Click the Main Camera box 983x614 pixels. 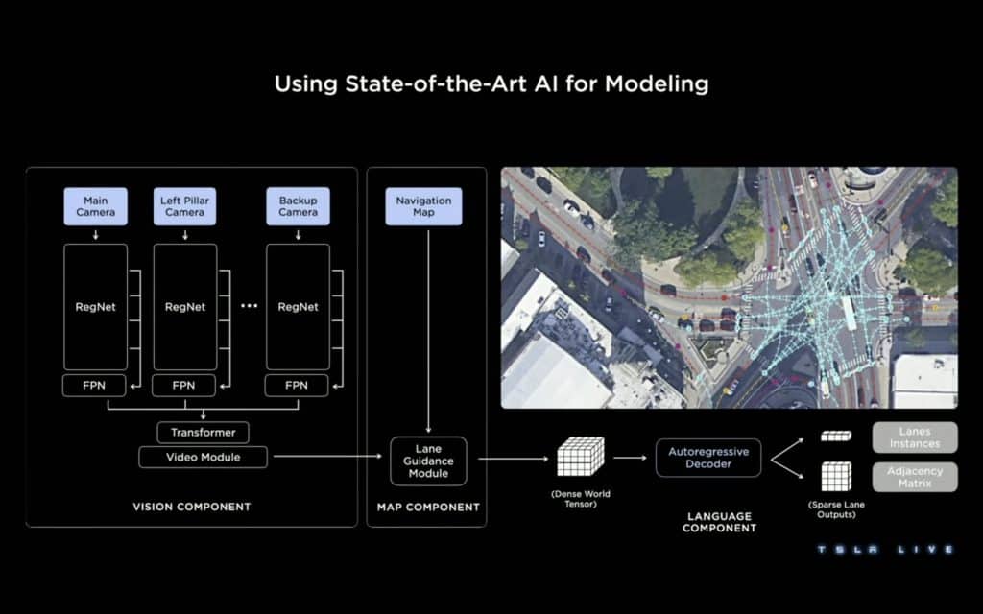pyautogui.click(x=95, y=206)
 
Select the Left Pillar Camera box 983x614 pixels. pyautogui.click(x=185, y=206)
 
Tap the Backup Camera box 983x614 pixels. pyautogui.click(x=298, y=206)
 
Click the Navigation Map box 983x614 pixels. pyautogui.click(x=423, y=206)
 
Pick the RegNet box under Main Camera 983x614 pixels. pyautogui.click(x=95, y=307)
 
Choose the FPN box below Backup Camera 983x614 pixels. pyautogui.click(x=297, y=386)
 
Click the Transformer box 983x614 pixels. pyautogui.click(x=204, y=433)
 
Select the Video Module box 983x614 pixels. pyautogui.click(x=204, y=457)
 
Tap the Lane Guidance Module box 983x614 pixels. pyautogui.click(x=428, y=461)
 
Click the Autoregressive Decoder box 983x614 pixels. pyautogui.click(x=708, y=458)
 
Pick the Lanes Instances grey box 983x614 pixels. pyautogui.click(x=915, y=437)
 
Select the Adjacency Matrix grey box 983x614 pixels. pyautogui.click(x=915, y=477)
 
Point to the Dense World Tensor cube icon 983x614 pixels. pyautogui.click(x=581, y=457)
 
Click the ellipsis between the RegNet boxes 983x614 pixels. pyautogui.click(x=249, y=306)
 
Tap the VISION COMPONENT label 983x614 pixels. pyautogui.click(x=192, y=507)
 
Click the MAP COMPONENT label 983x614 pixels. pyautogui.click(x=428, y=507)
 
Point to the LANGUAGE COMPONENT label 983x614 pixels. pyautogui.click(x=719, y=522)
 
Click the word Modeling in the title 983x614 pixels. pyautogui.click(x=657, y=84)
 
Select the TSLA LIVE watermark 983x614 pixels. pyautogui.click(x=885, y=550)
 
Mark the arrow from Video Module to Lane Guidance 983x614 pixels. pyautogui.click(x=328, y=456)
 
